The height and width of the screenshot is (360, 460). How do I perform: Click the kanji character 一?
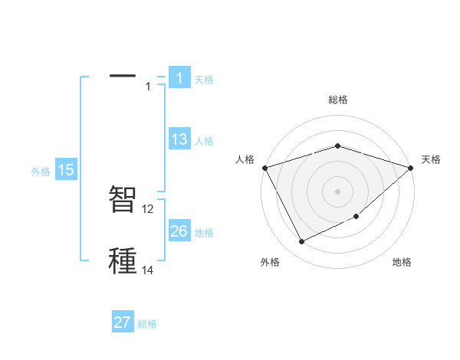(123, 76)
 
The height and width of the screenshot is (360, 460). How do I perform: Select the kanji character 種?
(123, 260)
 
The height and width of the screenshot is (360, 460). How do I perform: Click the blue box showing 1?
(179, 78)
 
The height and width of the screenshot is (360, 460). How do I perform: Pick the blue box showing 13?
(179, 140)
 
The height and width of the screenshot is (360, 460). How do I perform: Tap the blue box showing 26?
(179, 231)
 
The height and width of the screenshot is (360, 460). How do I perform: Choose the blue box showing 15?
(66, 171)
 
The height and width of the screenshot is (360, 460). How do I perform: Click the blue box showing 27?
(123, 322)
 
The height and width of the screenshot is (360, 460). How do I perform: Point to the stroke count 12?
(148, 209)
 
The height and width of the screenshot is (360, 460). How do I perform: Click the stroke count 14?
(148, 270)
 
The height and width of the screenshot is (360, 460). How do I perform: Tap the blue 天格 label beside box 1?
(204, 79)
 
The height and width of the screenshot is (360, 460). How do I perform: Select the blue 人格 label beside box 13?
(204, 141)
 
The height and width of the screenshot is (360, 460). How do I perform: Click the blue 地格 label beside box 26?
(204, 232)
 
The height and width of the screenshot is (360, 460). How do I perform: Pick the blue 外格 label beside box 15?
(41, 172)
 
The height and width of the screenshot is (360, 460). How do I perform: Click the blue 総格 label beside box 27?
(147, 323)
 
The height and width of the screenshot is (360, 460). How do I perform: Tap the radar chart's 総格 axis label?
(337, 100)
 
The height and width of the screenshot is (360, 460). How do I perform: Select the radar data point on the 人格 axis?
(264, 167)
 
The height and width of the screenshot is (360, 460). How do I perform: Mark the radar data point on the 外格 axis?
(301, 242)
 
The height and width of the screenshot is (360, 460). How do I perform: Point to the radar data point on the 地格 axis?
(356, 218)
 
